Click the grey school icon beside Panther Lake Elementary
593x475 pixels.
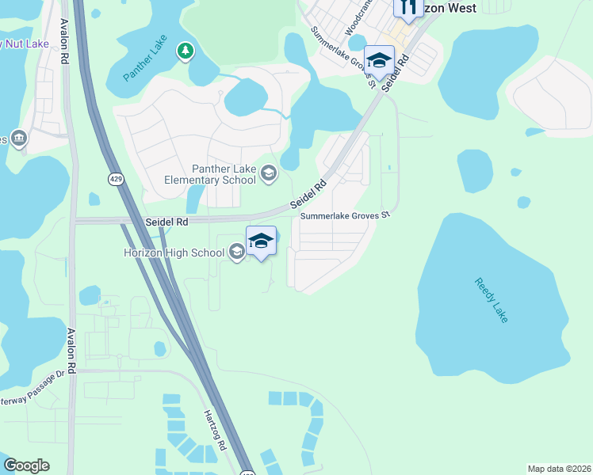coord(269,173)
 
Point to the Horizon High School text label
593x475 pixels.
coord(174,253)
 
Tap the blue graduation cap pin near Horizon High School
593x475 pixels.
coord(261,240)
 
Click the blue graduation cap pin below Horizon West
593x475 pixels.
coord(379,60)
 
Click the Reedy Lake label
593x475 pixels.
coord(492,298)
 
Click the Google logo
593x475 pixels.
coord(27,465)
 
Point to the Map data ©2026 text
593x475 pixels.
coord(558,469)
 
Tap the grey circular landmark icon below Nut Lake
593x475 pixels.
coord(19,139)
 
